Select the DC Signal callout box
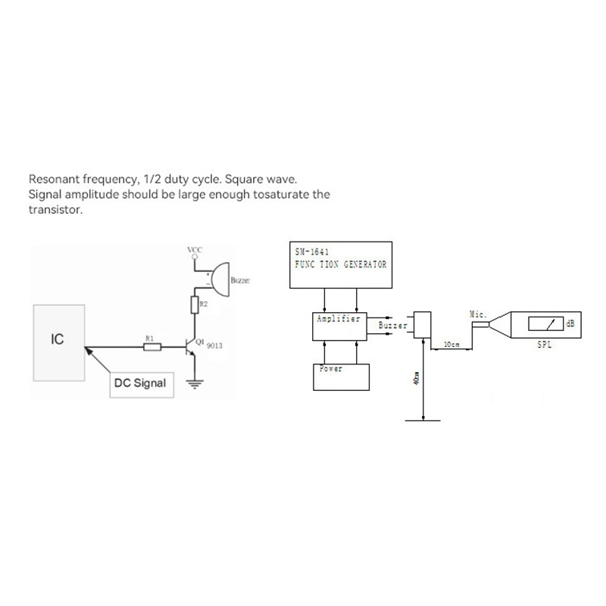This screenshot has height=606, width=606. (x=139, y=383)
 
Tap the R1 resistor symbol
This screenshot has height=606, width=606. (x=152, y=348)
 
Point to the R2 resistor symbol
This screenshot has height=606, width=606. (x=195, y=305)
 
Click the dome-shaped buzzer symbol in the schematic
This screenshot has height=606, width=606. (x=220, y=280)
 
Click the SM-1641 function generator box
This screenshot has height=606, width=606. (x=342, y=265)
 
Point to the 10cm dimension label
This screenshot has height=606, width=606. (x=451, y=344)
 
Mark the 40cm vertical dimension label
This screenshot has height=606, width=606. (x=417, y=379)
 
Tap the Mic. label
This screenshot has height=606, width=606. (x=478, y=313)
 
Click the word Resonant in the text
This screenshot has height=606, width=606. (x=54, y=180)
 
